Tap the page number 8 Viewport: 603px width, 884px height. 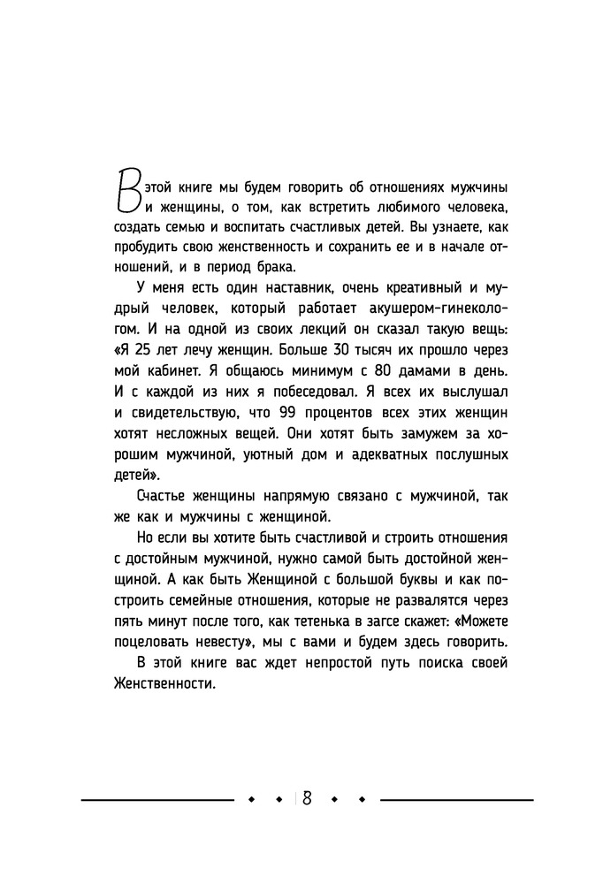(x=306, y=797)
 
